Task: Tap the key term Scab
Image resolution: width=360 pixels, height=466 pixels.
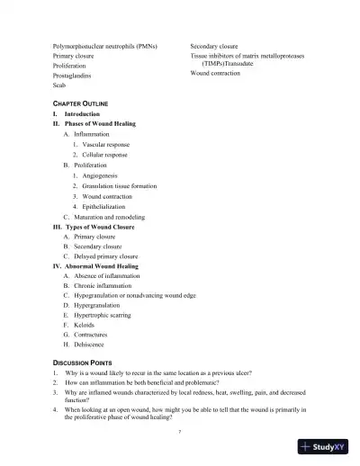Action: click(59, 86)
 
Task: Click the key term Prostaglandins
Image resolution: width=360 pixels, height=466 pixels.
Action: click(73, 76)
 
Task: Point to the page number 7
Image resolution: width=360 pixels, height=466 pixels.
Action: click(180, 432)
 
